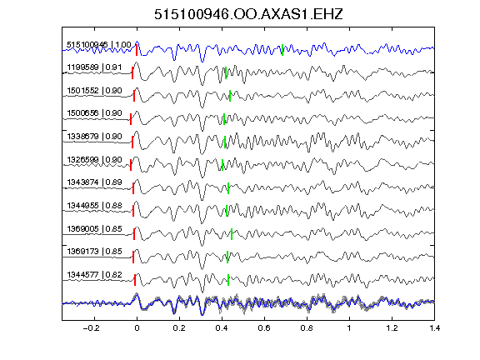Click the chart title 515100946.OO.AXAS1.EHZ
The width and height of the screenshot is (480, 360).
point(248,14)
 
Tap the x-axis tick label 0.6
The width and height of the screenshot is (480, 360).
point(264,328)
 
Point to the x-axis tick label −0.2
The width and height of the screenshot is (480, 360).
point(91,328)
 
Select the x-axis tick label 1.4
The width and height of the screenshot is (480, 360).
point(434,328)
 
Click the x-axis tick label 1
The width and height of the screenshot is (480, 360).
point(349,328)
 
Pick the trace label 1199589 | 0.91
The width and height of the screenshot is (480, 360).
point(94,67)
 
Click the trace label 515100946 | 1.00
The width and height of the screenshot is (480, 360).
point(99,45)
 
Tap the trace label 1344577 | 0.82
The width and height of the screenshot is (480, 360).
point(94,275)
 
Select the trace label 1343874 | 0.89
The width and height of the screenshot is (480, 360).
point(94,182)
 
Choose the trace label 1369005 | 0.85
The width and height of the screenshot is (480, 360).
point(94,229)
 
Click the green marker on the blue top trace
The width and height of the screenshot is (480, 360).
point(282,50)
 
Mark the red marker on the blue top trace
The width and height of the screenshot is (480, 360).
point(137,50)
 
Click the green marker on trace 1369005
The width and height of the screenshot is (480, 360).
point(232,234)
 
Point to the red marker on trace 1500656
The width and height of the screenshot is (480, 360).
point(131,119)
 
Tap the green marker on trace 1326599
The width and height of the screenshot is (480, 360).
point(222,165)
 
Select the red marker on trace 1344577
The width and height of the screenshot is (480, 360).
point(135,280)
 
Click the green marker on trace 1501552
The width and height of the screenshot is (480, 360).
point(230,96)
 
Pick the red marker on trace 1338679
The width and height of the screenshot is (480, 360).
point(132,142)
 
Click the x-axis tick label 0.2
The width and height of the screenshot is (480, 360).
point(179,328)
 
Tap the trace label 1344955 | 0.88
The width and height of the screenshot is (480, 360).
point(94,206)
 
